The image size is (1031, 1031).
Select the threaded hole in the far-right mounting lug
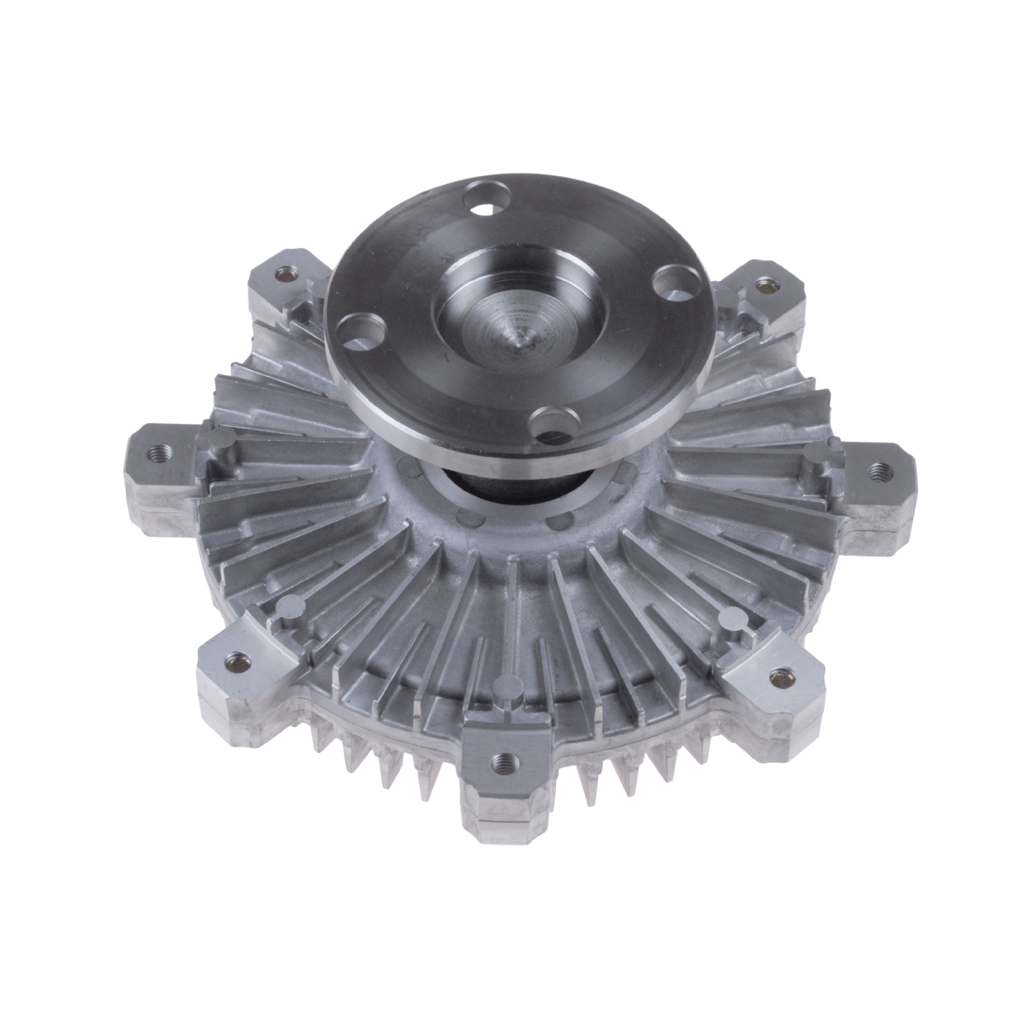coord(876,471)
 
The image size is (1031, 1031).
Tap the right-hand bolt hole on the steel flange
coord(669,280)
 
